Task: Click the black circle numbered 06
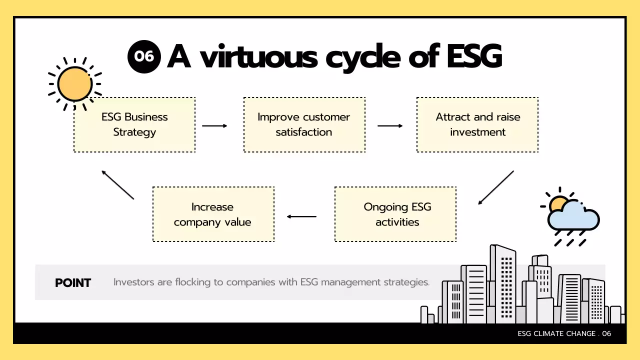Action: click(144, 56)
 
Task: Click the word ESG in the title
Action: click(473, 56)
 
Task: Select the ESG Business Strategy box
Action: click(134, 124)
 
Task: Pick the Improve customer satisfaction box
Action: click(304, 124)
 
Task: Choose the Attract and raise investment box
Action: click(477, 124)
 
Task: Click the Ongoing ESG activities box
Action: click(395, 214)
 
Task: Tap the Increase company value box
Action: click(213, 214)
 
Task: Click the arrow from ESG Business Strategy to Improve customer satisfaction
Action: click(214, 126)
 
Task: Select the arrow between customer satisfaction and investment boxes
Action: click(390, 126)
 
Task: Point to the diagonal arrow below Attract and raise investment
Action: click(496, 187)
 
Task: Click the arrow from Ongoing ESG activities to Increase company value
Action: click(301, 216)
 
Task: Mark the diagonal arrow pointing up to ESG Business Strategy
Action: click(118, 185)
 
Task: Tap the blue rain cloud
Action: click(574, 218)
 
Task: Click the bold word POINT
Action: click(73, 283)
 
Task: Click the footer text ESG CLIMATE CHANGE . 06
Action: click(564, 333)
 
